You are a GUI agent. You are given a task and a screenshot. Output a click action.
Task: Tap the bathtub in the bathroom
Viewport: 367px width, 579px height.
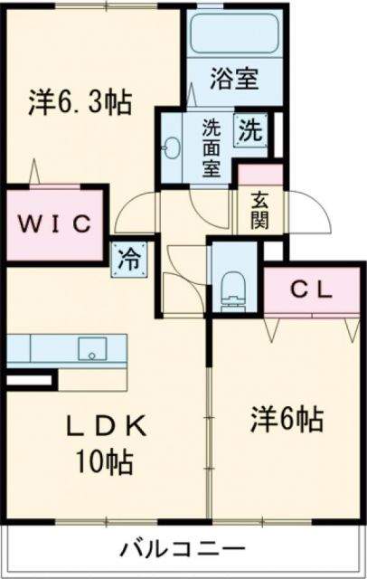click(234, 35)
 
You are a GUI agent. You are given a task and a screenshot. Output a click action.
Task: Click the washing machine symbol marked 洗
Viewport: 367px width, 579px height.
click(249, 130)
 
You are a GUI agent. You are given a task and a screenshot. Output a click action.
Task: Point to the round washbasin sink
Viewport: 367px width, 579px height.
click(174, 145)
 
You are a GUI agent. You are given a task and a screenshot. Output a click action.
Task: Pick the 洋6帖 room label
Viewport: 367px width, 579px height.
click(287, 419)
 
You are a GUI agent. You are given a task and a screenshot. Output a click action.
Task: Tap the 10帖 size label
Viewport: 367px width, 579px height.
click(105, 463)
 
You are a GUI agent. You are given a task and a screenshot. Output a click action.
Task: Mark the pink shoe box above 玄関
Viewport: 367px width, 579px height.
click(260, 176)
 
